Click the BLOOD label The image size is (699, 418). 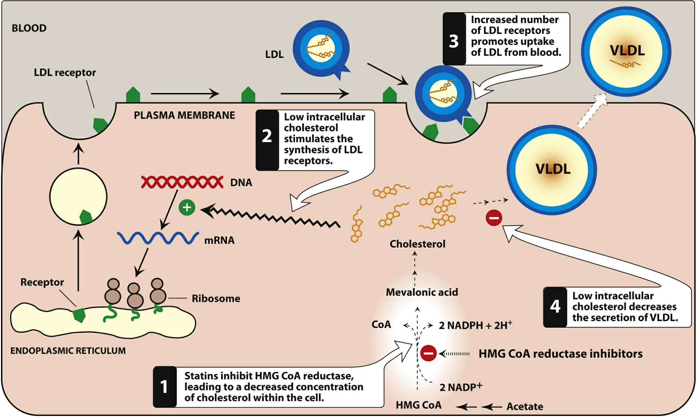coord(29,28)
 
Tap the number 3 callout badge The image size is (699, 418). coord(454,41)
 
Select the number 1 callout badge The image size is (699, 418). coord(164,387)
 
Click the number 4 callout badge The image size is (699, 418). coord(555,306)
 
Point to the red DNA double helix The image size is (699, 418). coord(182,182)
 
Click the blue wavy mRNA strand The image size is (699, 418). coord(158,238)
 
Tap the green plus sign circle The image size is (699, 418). coord(187,207)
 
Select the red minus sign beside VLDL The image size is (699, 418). coord(494,218)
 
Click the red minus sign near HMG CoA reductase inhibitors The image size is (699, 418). coord(428,353)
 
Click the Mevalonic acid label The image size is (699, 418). coord(422,292)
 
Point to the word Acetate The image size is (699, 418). coord(525,407)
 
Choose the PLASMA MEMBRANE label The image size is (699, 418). coord(184,115)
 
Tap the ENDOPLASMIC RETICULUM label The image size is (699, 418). coord(68,351)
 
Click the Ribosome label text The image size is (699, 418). coord(216,299)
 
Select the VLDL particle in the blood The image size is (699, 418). coord(626,51)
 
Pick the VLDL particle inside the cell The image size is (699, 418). coord(552,170)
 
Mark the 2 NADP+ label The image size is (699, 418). coord(461,387)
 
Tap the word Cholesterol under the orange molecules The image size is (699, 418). coord(417,244)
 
